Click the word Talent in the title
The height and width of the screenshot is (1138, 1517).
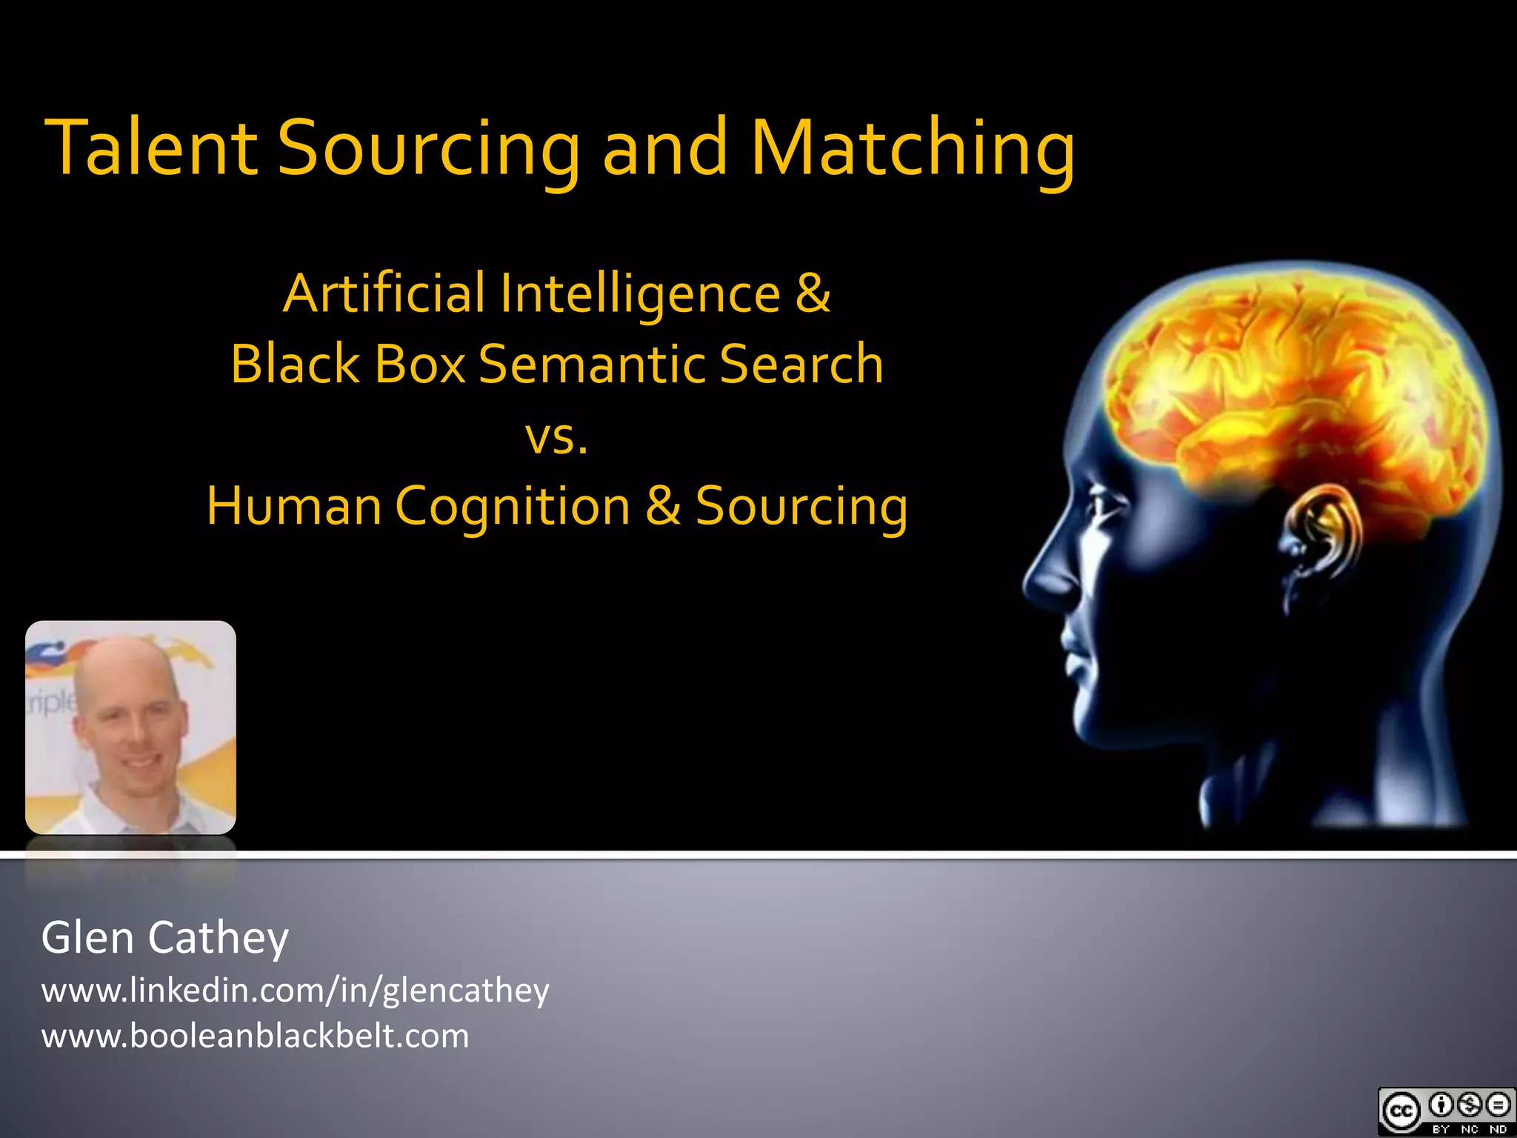[x=152, y=148]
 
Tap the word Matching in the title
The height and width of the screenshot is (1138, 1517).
[x=913, y=148]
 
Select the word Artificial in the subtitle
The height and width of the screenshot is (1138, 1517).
[x=384, y=293]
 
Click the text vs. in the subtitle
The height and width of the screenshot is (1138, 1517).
[x=557, y=437]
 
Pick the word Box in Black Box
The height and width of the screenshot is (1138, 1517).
[x=419, y=364]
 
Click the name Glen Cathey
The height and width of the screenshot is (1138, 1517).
[x=165, y=938]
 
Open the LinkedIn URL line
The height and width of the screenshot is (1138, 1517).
[x=295, y=990]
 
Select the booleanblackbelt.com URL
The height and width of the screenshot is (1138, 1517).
[x=255, y=1036]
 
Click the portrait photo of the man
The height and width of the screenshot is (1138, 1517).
[x=130, y=728]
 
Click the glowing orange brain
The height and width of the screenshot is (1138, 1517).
[x=1289, y=385]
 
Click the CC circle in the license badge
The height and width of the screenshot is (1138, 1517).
[x=1401, y=1111]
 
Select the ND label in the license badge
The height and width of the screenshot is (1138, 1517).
[x=1498, y=1129]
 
